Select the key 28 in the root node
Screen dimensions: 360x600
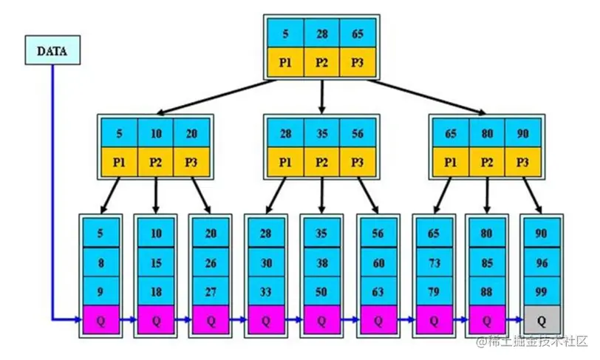pos(321,33)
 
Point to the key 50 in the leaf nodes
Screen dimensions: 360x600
pos(321,291)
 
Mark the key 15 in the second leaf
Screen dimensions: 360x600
pos(156,262)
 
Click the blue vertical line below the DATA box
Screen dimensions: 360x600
pos(52,185)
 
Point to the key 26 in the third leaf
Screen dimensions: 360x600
pos(211,262)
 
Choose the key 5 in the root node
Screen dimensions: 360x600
pos(286,33)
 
